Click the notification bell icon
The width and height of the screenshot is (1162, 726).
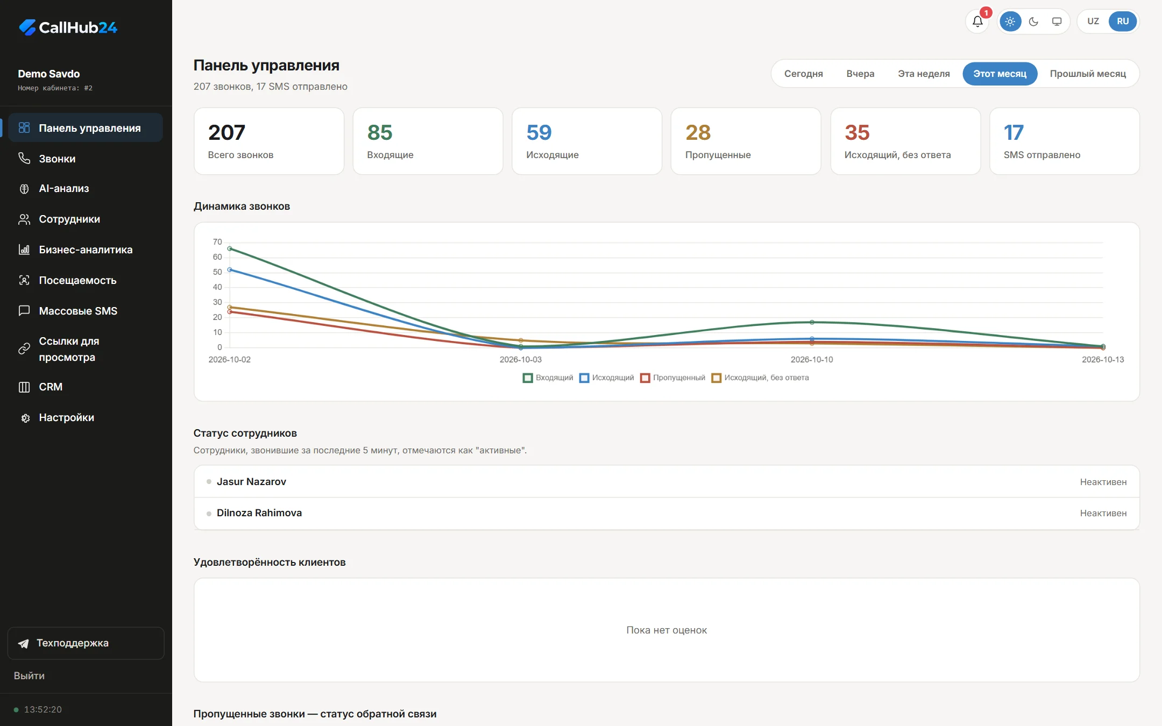(977, 22)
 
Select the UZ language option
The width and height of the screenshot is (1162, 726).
(1093, 22)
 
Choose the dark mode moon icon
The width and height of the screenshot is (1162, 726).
(1033, 22)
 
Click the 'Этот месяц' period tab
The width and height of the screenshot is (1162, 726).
(1000, 74)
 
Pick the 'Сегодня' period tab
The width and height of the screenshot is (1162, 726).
(803, 74)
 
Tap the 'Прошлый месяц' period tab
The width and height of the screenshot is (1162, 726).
(1088, 74)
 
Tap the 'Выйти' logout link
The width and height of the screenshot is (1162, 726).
(29, 676)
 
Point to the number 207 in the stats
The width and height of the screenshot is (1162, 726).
(226, 133)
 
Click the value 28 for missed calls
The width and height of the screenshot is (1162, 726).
(698, 133)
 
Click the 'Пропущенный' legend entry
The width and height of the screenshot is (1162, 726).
(673, 378)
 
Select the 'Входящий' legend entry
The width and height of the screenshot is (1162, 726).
(548, 378)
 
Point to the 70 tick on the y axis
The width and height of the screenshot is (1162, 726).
(217, 242)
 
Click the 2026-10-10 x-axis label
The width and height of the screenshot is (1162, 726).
(812, 360)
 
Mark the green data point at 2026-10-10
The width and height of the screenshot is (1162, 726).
(812, 323)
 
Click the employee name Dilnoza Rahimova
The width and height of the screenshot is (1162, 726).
(259, 513)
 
